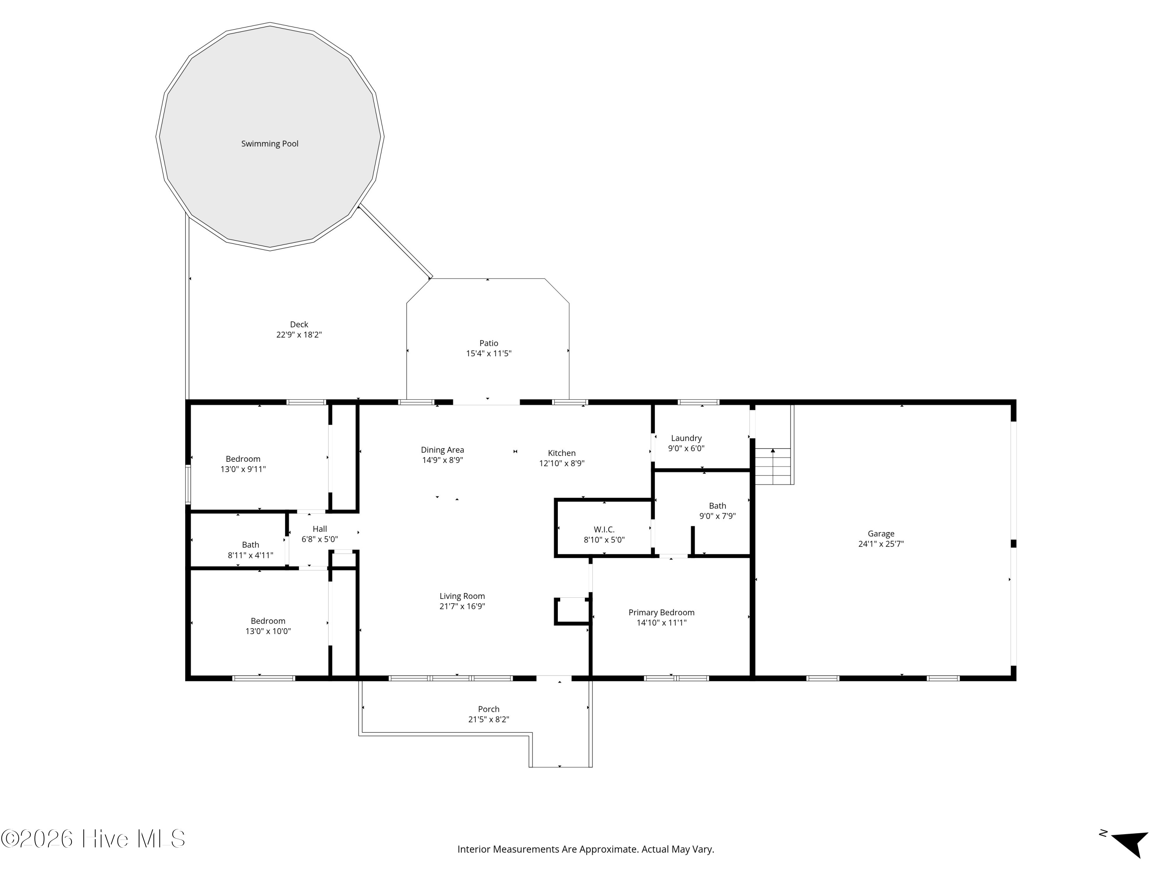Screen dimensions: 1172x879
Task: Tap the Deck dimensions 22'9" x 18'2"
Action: (x=299, y=335)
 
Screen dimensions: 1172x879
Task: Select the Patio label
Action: (x=488, y=343)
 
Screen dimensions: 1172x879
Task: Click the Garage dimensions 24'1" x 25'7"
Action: (x=881, y=544)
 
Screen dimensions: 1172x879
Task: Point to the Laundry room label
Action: (x=686, y=438)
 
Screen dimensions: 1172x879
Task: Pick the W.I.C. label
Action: (x=604, y=529)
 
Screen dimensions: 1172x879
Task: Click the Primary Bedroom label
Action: (x=661, y=613)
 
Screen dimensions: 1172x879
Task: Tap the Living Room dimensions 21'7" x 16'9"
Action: (x=462, y=607)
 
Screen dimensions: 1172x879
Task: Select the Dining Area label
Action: (x=442, y=450)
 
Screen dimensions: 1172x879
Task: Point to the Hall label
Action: (x=320, y=529)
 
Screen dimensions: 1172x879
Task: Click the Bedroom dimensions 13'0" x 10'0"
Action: (x=268, y=631)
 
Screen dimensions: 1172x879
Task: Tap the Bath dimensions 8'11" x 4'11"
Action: (x=251, y=555)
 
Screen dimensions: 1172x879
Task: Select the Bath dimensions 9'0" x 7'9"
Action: (x=717, y=516)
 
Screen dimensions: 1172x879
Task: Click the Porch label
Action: (x=488, y=709)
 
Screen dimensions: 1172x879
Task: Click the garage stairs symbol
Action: (x=773, y=466)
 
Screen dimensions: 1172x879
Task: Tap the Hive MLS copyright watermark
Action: (x=93, y=839)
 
